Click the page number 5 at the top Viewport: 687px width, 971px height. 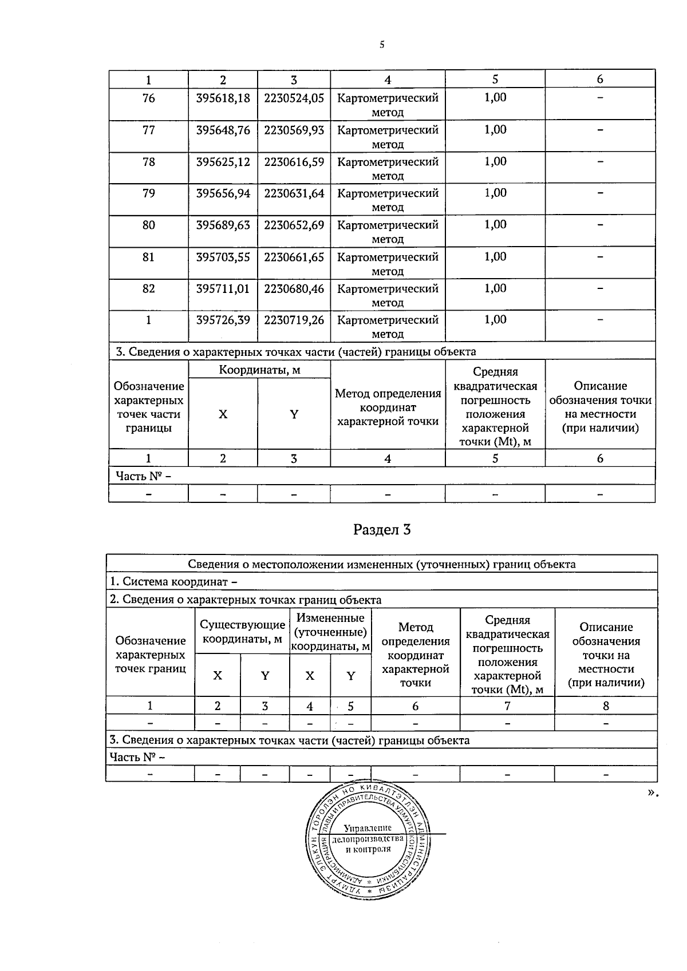(x=381, y=45)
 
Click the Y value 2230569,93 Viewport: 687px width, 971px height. (x=294, y=130)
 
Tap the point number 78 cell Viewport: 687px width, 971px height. (x=148, y=162)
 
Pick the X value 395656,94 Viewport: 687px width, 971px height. (x=223, y=193)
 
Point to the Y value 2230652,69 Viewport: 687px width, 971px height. (x=294, y=225)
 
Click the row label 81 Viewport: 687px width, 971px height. (x=148, y=257)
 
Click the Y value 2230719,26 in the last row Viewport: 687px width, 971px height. (x=294, y=320)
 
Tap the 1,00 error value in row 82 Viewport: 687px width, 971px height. (x=495, y=288)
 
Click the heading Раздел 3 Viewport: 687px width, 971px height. (x=382, y=530)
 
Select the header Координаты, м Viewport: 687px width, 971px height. (x=259, y=370)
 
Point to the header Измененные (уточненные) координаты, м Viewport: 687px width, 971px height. (x=330, y=632)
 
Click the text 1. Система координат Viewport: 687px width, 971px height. (x=173, y=582)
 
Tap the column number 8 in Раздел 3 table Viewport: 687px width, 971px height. (x=606, y=706)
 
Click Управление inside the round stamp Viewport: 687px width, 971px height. (x=368, y=829)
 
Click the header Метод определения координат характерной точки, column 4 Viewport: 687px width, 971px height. (x=388, y=407)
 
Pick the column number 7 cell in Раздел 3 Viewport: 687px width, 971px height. (x=507, y=706)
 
